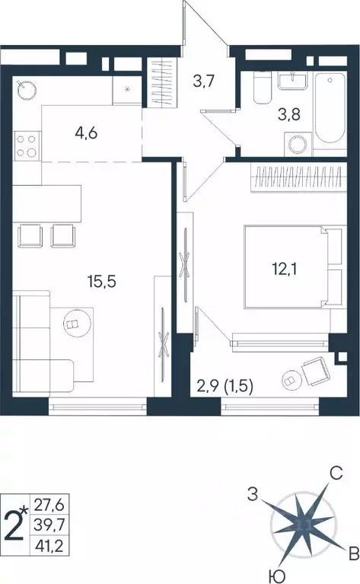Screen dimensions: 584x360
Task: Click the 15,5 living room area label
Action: pyautogui.click(x=103, y=281)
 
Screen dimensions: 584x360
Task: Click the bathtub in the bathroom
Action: pyautogui.click(x=331, y=108)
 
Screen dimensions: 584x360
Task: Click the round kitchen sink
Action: pyautogui.click(x=27, y=88)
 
